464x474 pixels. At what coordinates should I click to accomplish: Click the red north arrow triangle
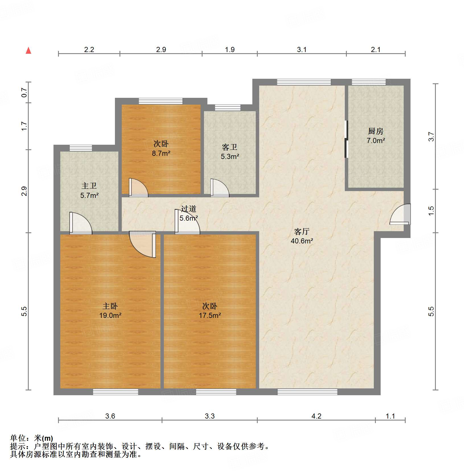click(x=28, y=51)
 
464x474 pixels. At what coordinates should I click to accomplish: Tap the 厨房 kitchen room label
click(x=376, y=131)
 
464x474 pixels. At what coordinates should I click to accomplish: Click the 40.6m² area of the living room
click(x=302, y=241)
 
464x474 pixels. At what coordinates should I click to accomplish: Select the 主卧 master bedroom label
click(x=110, y=306)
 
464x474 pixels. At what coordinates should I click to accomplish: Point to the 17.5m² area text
click(x=210, y=315)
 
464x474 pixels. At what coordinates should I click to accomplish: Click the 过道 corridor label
click(x=188, y=209)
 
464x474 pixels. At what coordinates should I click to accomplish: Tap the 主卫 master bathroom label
click(x=89, y=186)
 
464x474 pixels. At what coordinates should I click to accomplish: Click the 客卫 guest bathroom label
click(x=230, y=147)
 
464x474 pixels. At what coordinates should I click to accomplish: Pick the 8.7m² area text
click(x=161, y=154)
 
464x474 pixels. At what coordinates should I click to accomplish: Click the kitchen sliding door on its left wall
click(x=346, y=139)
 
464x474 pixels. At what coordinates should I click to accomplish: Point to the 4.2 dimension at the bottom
click(x=316, y=416)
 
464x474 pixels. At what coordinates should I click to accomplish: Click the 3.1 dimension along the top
click(x=302, y=50)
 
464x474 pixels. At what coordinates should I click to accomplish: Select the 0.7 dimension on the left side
click(x=24, y=92)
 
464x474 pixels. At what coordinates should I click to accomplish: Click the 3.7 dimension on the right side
click(x=432, y=137)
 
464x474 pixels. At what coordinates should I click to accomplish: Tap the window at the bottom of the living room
click(x=307, y=392)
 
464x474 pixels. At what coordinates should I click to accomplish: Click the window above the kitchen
click(x=369, y=82)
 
